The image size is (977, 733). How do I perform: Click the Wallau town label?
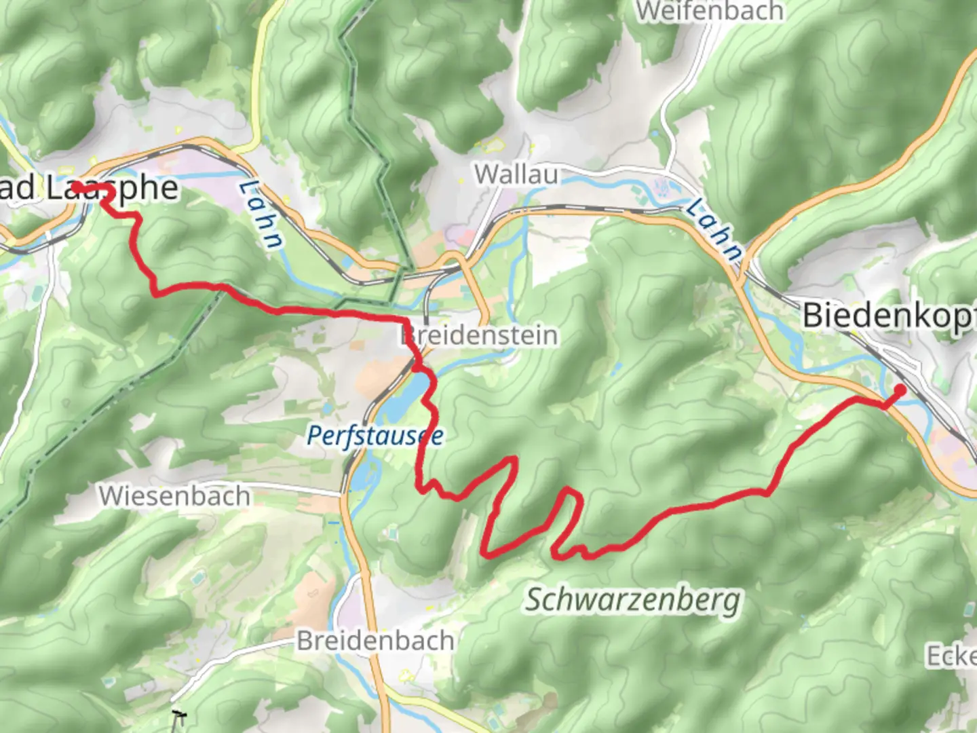coord(516,174)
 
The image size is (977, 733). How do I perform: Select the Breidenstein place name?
coord(480,335)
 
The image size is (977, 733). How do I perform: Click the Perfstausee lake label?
coord(375,436)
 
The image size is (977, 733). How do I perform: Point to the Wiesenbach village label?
coord(174,496)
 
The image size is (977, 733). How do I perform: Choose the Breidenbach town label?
coord(375,641)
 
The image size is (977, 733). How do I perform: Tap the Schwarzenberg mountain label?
coord(634,600)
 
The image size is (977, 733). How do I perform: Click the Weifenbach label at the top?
coord(710,12)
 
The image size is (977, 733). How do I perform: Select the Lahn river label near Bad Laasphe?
coord(261,214)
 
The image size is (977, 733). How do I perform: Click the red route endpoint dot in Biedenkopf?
coord(900,390)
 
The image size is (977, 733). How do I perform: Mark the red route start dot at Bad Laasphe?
coord(77,186)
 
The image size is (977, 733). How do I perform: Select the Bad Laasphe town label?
coord(88,189)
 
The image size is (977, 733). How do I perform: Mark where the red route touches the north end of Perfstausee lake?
coord(421,370)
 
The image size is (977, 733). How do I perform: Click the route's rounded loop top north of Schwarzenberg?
coord(570,490)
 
